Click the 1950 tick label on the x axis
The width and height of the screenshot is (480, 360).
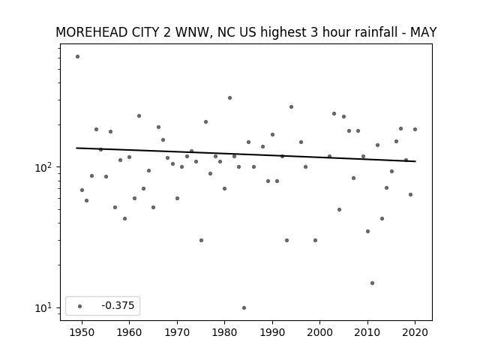click(82, 332)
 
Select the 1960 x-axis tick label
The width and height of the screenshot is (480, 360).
click(129, 332)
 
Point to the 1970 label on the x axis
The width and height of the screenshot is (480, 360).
click(177, 332)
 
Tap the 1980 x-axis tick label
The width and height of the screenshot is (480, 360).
click(224, 332)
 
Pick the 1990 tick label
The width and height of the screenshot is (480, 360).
click(272, 332)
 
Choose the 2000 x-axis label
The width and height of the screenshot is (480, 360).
click(320, 332)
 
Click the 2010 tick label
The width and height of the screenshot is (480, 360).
click(367, 332)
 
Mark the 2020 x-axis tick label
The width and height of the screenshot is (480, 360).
click(415, 332)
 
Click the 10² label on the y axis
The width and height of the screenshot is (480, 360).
click(45, 167)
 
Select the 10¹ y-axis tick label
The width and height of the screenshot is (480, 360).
click(45, 307)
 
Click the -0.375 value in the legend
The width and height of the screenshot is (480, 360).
click(118, 305)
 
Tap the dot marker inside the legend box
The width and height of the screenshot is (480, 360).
click(80, 306)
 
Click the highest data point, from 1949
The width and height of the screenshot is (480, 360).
click(77, 57)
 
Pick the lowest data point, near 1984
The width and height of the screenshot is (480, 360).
click(244, 307)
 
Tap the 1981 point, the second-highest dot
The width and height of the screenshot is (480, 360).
click(230, 98)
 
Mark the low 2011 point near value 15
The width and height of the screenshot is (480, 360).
click(372, 283)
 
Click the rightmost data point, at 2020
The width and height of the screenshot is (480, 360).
click(415, 130)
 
